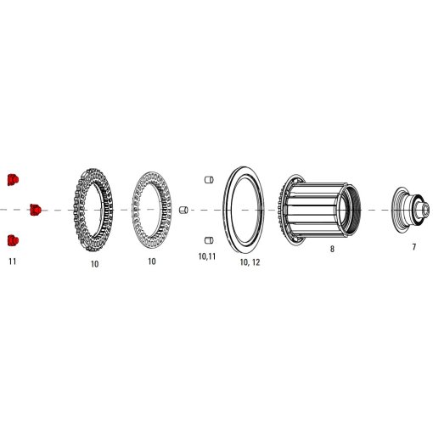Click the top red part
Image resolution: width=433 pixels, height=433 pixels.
[12, 179]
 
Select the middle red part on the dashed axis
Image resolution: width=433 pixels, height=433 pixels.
[36, 209]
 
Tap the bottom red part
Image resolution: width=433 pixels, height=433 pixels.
[12, 240]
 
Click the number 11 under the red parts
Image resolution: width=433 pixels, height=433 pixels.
[12, 261]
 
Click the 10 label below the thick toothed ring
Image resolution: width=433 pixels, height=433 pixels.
[94, 264]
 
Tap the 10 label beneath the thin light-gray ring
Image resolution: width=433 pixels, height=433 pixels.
[152, 261]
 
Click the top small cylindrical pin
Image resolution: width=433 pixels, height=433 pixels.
[206, 179]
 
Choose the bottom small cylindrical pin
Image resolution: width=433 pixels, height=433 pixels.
[206, 240]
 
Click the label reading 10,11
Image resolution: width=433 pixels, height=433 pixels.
[206, 256]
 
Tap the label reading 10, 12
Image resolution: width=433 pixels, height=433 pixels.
[250, 263]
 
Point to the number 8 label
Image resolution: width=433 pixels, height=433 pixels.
[332, 250]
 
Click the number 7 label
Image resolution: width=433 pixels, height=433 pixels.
[413, 247]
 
